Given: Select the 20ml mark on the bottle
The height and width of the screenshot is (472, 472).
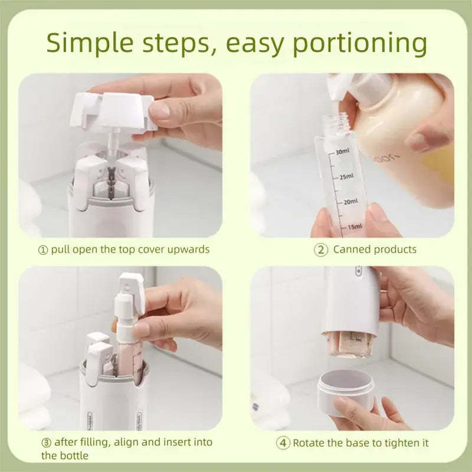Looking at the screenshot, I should (349, 202).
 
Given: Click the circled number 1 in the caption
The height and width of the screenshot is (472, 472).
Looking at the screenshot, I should (43, 250).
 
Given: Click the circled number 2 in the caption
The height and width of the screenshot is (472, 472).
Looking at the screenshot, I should (320, 250).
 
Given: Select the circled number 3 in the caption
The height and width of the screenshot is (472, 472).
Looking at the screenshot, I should (46, 442).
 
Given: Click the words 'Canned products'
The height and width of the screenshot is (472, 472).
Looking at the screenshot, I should (375, 250).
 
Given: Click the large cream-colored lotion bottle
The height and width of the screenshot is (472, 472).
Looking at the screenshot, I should (401, 147).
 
